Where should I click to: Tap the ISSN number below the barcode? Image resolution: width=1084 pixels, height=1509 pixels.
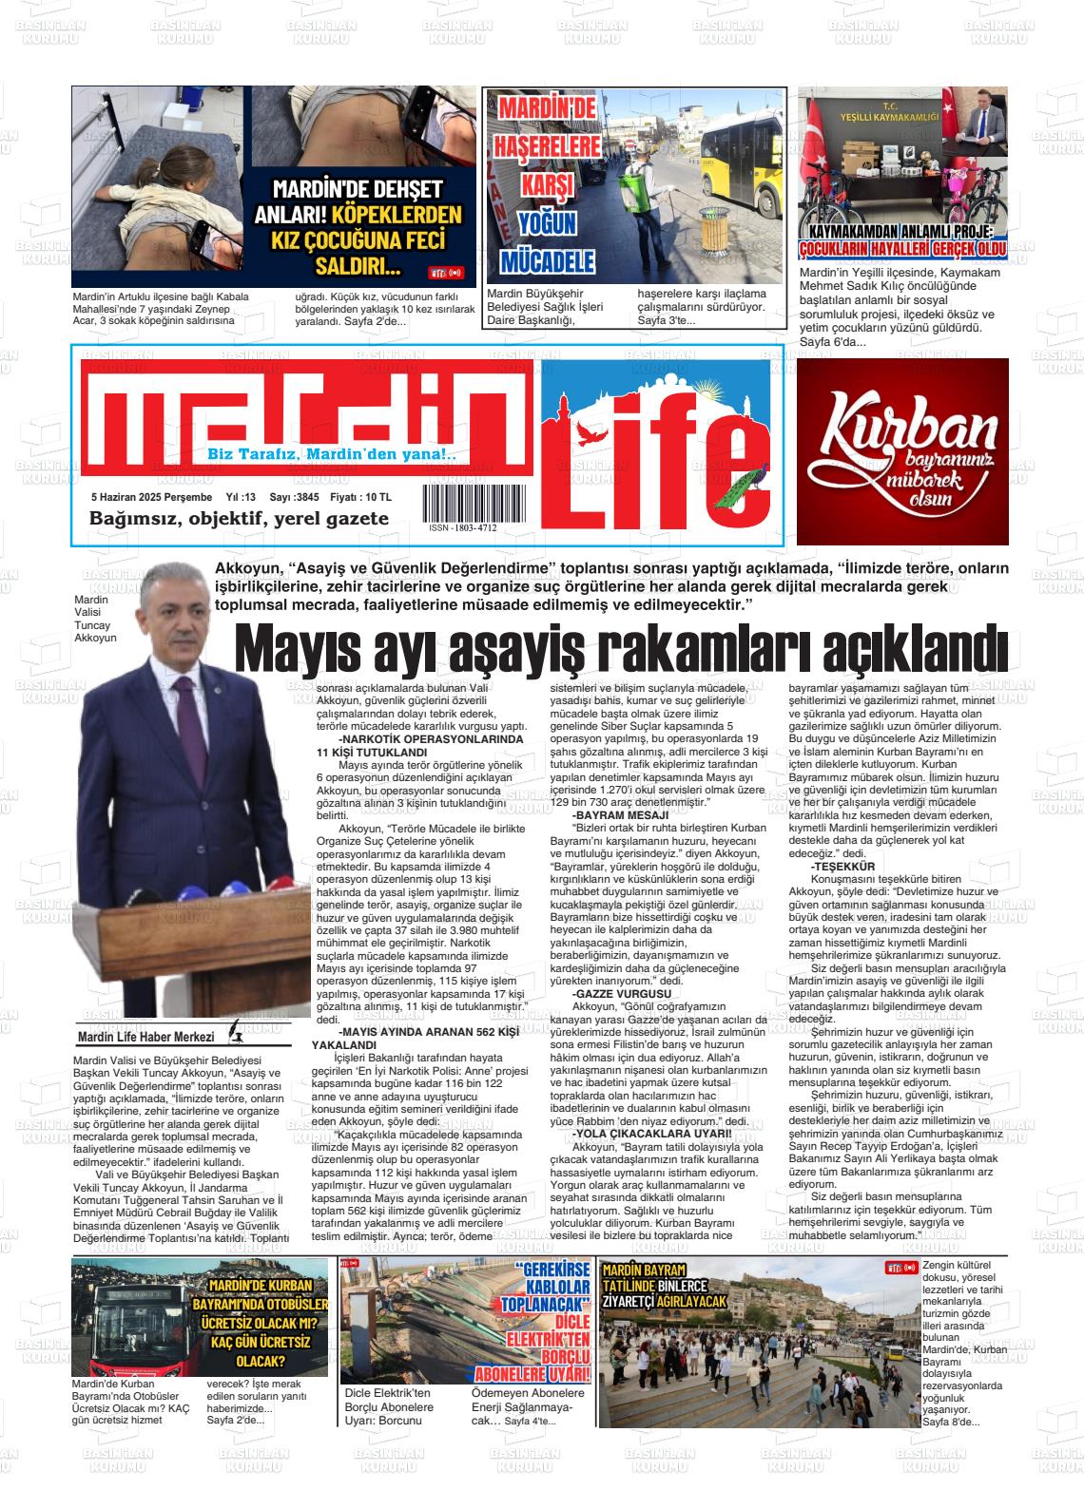463,528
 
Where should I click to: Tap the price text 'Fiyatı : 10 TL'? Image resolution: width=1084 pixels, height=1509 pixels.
359,497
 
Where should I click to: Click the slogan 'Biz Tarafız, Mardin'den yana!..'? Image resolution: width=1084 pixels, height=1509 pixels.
332,455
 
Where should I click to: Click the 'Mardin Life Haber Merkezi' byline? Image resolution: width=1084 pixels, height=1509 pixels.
145,1036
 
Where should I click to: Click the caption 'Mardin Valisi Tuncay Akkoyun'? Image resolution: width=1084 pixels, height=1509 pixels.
95,619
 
